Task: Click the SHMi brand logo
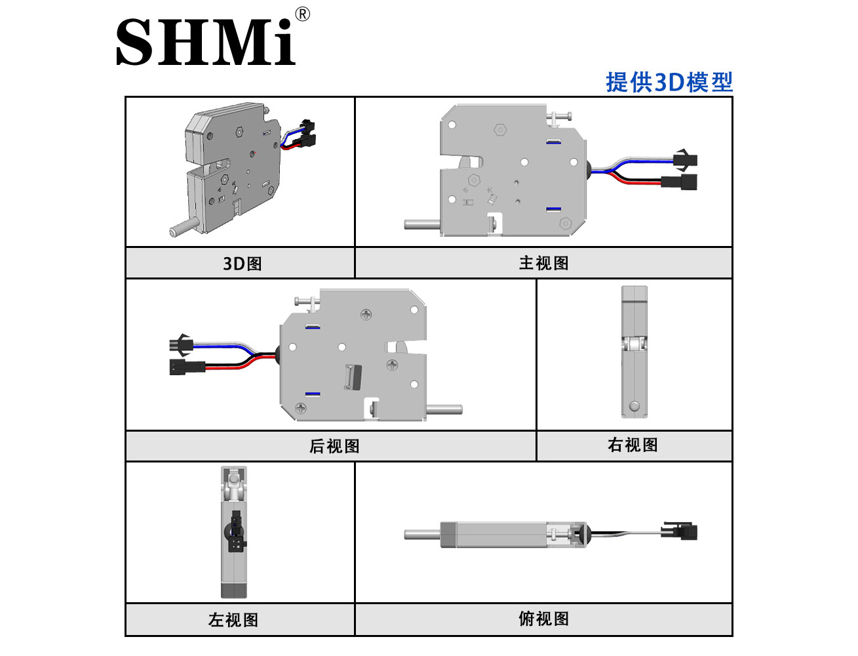coord(205,41)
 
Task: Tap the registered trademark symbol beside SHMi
coord(302,14)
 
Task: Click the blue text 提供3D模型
coord(669,82)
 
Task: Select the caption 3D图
coord(242,264)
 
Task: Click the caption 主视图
coord(543,263)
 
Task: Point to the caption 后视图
coord(334,446)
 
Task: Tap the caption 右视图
coord(633,445)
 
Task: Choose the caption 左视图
coord(233,620)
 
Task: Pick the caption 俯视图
coord(543,619)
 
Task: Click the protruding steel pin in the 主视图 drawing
coord(422,225)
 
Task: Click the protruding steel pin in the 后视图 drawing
coord(444,409)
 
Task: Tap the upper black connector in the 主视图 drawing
coord(685,160)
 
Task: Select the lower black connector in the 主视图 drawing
coord(679,182)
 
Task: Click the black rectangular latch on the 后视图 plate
coord(353,377)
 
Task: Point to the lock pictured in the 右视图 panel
coord(634,352)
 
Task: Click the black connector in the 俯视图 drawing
coord(679,532)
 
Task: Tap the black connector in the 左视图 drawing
coord(236,531)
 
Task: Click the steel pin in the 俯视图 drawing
coord(422,535)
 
